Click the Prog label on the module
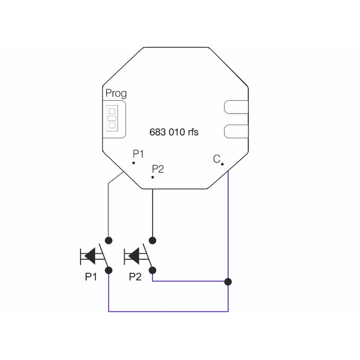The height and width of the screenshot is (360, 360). (x=116, y=94)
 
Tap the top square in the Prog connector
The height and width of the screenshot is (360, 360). (x=112, y=111)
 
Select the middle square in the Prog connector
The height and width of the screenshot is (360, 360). (x=112, y=118)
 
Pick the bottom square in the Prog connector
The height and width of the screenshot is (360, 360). (x=112, y=125)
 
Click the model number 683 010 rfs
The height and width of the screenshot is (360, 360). (x=174, y=132)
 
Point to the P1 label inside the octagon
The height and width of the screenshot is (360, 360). (x=138, y=154)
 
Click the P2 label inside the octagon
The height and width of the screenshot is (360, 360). (x=158, y=169)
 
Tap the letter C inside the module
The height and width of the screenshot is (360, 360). (x=217, y=159)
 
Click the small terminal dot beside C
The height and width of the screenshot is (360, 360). (x=222, y=164)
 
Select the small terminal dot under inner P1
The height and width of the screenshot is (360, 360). (x=134, y=163)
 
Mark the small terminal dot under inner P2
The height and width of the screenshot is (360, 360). (x=153, y=177)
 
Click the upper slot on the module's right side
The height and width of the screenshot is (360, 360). (x=236, y=107)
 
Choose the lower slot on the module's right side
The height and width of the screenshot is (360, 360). (x=236, y=131)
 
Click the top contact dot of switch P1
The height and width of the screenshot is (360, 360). (x=109, y=240)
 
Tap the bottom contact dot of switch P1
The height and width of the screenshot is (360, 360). (x=109, y=270)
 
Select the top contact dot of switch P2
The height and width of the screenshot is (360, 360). (x=152, y=240)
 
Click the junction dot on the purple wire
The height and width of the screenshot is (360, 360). (x=228, y=282)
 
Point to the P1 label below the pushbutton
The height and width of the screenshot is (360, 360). (x=91, y=277)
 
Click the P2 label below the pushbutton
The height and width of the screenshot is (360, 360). (x=135, y=277)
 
